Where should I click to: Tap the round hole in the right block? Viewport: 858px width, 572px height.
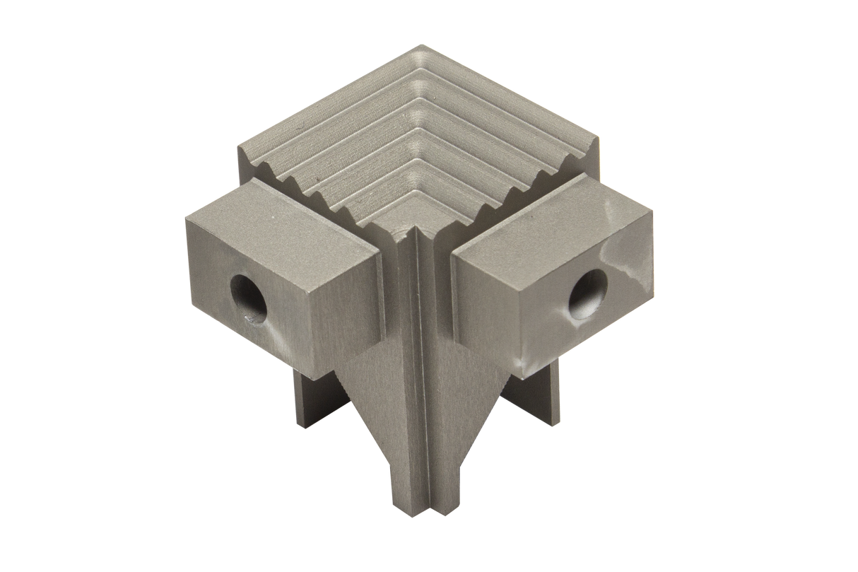[x=588, y=291]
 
